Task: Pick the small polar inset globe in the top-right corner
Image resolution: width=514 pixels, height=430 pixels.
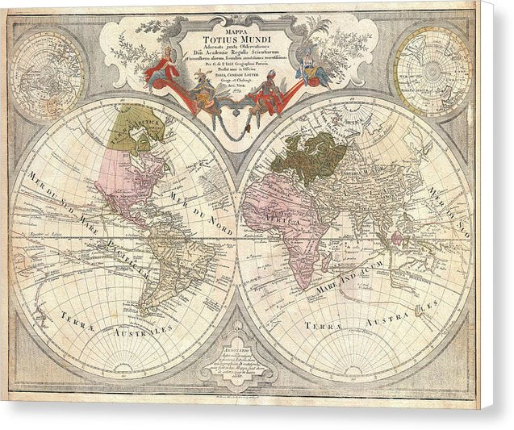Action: coord(432,71)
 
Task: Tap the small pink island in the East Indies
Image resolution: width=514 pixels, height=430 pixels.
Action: coord(395,242)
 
